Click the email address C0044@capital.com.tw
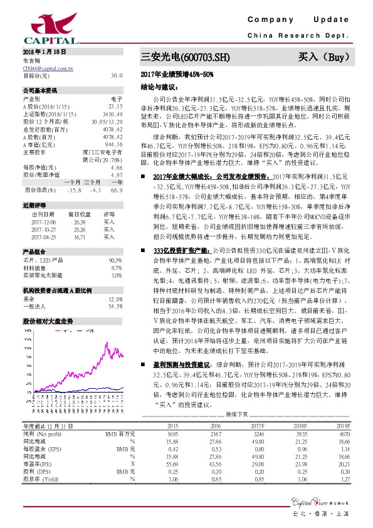pos(48,68)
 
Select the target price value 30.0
pos(116,75)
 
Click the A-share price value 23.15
pos(115,106)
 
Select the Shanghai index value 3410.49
pos(113,113)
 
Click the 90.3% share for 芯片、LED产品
pos(115,260)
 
